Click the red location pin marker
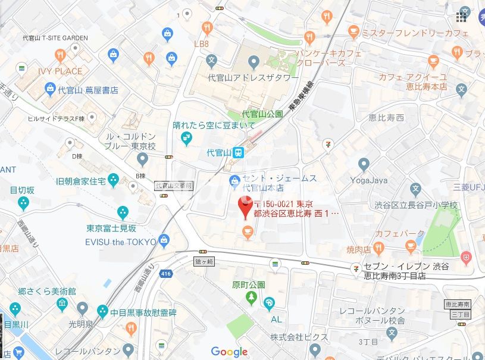point(245,207)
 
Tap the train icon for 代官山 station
point(238,153)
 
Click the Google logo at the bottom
point(229,352)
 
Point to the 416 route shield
point(166,274)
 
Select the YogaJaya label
point(368,180)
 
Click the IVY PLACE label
point(60,71)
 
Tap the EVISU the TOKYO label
point(121,242)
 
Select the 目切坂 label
point(23,190)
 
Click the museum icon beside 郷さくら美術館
point(62,305)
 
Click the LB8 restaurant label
point(202,44)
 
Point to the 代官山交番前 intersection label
point(174,186)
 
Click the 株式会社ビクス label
point(299,337)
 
